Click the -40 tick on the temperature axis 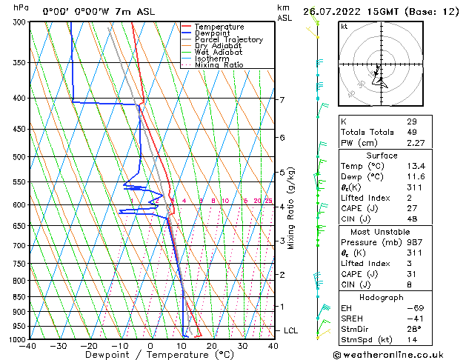[29, 346]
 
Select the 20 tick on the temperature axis [212, 346]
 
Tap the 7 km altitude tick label [282, 100]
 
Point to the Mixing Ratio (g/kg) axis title [291, 207]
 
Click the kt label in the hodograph [344, 27]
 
